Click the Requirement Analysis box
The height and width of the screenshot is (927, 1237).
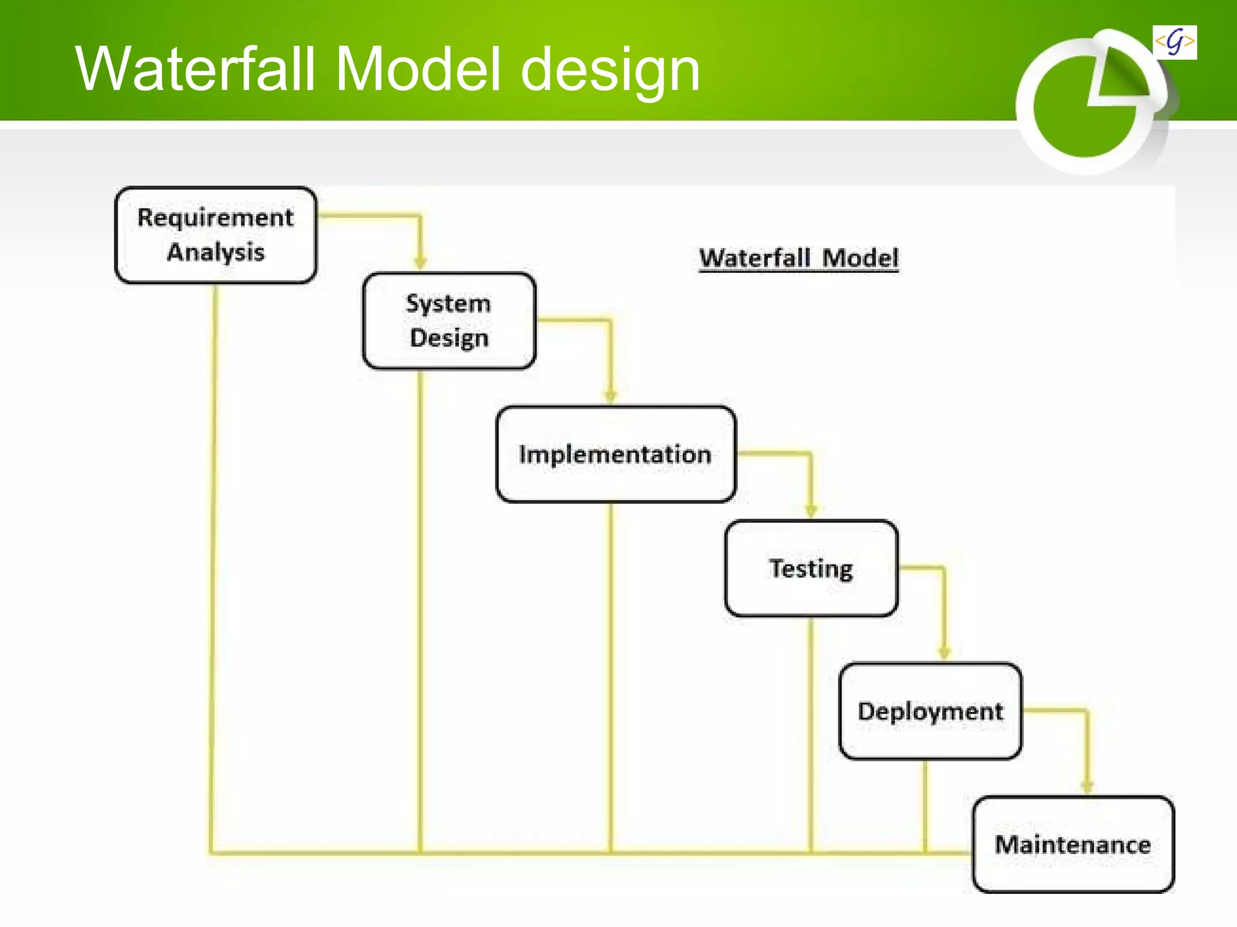[216, 235]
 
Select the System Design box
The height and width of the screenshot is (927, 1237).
[449, 320]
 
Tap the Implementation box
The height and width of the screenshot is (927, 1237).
[615, 454]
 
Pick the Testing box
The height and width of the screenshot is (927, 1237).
[811, 568]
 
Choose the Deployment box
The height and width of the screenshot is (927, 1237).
[930, 711]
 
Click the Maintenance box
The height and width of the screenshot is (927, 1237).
[1073, 844]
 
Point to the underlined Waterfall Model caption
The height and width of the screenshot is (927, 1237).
[798, 258]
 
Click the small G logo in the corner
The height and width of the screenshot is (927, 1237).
[1174, 42]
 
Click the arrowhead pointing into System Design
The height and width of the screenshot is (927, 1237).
[420, 263]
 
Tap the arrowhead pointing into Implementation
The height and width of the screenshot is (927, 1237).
[610, 396]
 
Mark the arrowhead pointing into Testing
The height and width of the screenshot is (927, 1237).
[811, 511]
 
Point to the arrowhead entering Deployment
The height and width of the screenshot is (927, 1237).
[944, 653]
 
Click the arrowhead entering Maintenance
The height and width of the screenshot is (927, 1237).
[1087, 786]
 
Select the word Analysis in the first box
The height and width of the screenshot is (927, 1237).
[216, 252]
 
